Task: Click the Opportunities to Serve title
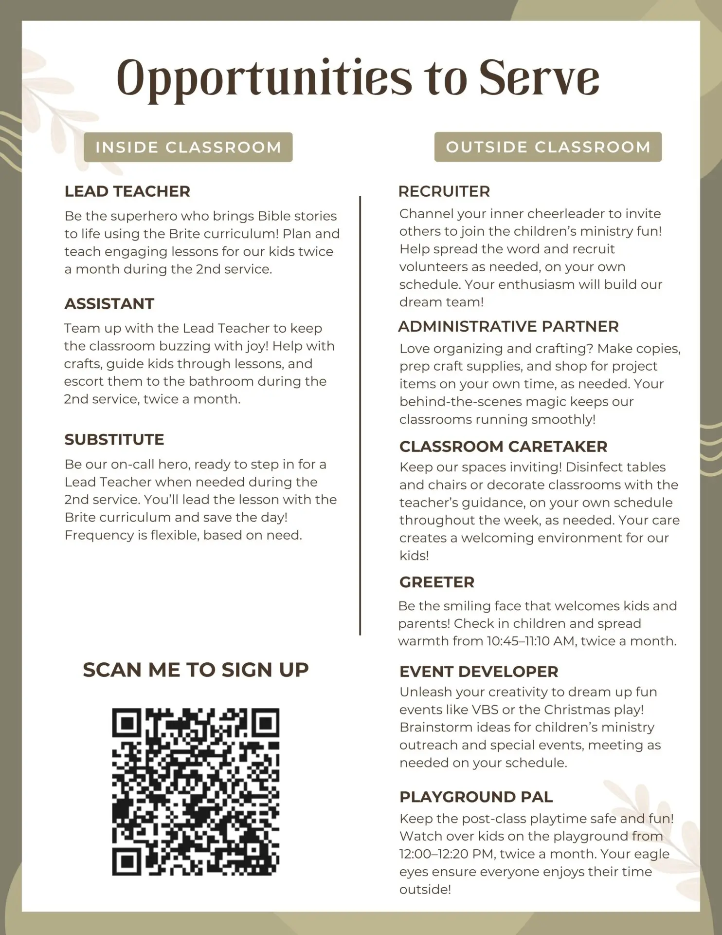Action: point(358,78)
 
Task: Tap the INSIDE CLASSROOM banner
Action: point(188,147)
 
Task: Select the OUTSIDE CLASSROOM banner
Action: point(548,147)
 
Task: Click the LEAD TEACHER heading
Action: point(127,191)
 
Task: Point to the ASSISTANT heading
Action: point(109,304)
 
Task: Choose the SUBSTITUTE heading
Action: point(114,440)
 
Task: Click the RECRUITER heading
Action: point(444,191)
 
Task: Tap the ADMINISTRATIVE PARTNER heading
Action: point(508,326)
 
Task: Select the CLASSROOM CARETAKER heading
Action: point(503,447)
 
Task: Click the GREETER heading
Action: point(436,582)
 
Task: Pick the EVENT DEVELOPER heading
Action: point(479,672)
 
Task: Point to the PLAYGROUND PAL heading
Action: point(476,797)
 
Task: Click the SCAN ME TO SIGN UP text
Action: point(196,670)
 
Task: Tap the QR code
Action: point(196,791)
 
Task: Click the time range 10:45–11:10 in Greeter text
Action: point(518,641)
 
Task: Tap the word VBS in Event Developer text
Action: point(485,710)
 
